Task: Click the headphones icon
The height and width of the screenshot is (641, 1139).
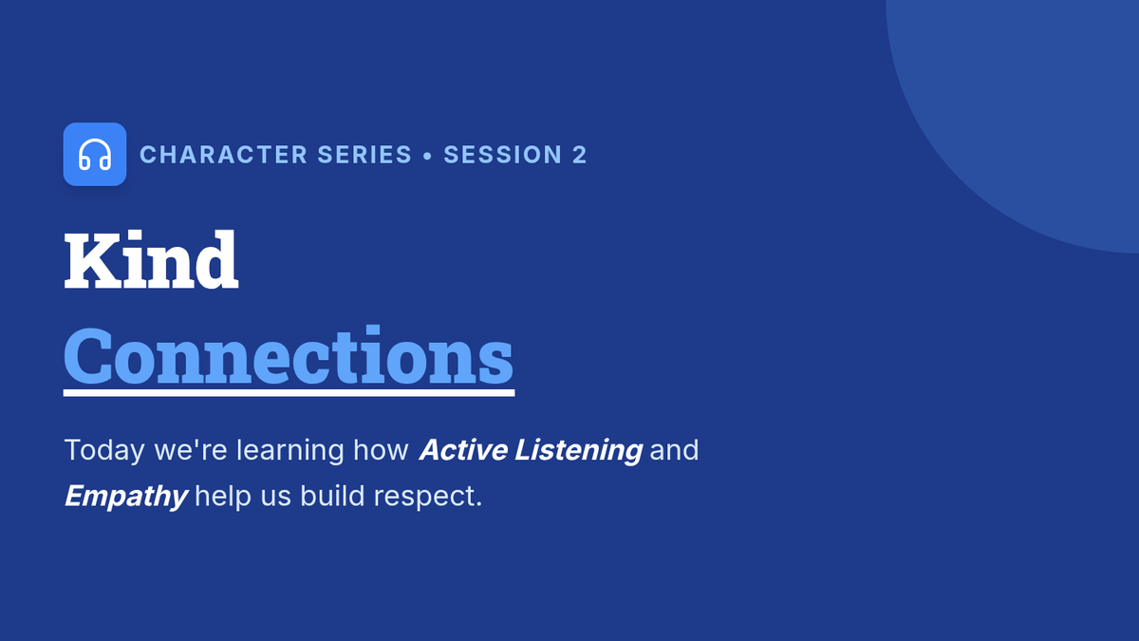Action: tap(95, 154)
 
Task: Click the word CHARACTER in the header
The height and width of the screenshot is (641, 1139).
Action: tap(223, 155)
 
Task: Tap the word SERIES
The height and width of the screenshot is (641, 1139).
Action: tap(364, 155)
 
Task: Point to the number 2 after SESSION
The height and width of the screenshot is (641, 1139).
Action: tap(580, 155)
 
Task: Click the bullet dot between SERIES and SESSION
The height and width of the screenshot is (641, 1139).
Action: tap(427, 155)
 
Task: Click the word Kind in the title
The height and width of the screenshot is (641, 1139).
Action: tap(151, 259)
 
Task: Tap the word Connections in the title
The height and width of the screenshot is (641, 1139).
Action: tap(289, 355)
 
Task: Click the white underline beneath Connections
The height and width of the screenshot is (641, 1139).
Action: tap(289, 393)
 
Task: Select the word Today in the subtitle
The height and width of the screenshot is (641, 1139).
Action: tap(104, 450)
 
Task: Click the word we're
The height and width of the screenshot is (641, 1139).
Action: tap(190, 450)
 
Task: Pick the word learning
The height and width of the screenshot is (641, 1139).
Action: tap(289, 450)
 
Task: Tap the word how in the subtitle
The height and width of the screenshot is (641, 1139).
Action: tap(381, 450)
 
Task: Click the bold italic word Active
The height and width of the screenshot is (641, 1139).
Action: tap(463, 450)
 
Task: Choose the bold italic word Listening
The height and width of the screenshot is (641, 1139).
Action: tap(579, 450)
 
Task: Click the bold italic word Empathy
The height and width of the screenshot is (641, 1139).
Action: tap(126, 496)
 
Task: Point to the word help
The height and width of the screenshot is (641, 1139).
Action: tap(223, 496)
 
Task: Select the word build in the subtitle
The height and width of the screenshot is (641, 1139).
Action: tap(332, 496)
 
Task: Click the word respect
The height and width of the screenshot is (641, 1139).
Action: tap(428, 497)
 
